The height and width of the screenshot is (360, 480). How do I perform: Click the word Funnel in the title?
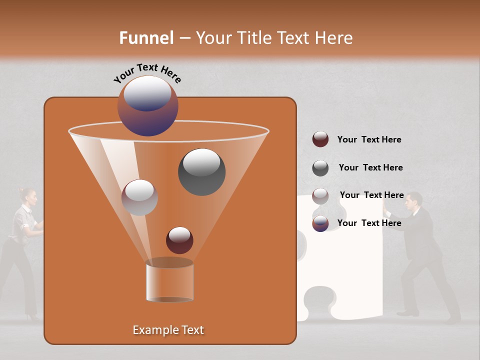click(x=146, y=38)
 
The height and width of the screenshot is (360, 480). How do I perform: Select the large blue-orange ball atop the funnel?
click(x=147, y=105)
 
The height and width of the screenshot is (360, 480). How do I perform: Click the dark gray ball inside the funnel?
click(x=201, y=171)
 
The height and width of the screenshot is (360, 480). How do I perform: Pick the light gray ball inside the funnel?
click(x=139, y=197)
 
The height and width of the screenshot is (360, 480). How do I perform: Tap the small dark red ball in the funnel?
click(x=179, y=240)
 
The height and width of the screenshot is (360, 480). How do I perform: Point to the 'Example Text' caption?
click(x=168, y=330)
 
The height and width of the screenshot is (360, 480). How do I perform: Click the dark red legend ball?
click(x=320, y=139)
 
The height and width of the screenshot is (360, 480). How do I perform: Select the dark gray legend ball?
click(x=320, y=168)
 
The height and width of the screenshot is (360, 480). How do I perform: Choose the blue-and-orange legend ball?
click(x=320, y=223)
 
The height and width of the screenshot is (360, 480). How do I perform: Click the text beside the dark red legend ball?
click(x=369, y=139)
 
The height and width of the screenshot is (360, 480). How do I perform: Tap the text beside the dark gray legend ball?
click(x=370, y=167)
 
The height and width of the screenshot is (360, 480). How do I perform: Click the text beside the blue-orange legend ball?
click(x=369, y=223)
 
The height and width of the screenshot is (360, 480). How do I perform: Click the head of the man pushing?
click(x=413, y=200)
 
